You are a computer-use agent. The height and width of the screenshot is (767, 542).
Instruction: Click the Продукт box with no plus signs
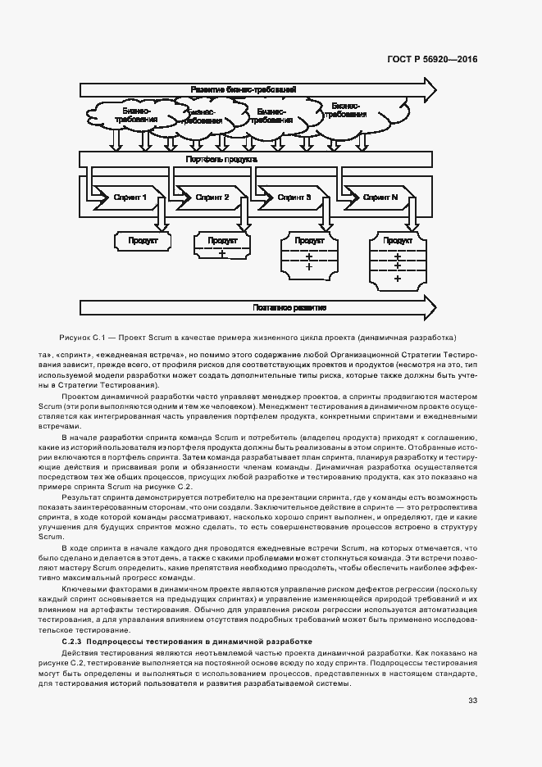point(142,241)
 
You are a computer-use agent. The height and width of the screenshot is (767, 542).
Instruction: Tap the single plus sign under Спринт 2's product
point(222,254)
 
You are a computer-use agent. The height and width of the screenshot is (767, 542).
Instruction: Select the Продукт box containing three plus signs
point(399,259)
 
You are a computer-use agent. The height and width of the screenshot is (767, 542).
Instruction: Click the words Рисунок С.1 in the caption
point(80,338)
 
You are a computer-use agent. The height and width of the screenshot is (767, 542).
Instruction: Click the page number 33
point(472,700)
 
